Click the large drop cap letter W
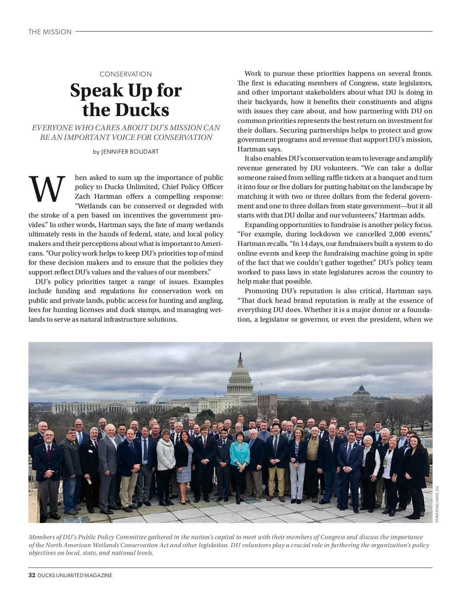coord(46,189)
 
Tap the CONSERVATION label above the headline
coord(126,74)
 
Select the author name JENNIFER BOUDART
coord(130,152)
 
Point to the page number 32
coord(32,575)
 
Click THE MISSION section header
coord(50,32)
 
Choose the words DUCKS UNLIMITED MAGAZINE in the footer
coord(75,575)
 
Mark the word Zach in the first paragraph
coord(82,196)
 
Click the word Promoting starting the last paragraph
coord(261,291)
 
